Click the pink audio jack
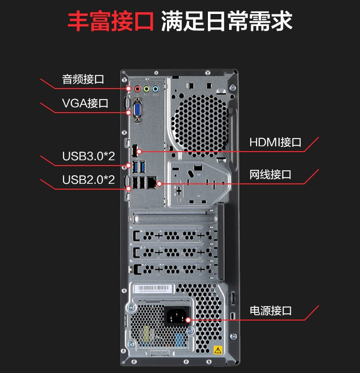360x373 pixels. click(138, 89)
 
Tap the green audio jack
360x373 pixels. click(146, 89)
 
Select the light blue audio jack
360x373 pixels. click(155, 89)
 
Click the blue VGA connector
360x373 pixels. click(138, 110)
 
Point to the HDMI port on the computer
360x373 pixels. click(135, 151)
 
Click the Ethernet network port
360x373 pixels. click(152, 183)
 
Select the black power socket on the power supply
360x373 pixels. click(177, 316)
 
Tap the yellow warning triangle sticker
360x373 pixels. click(218, 350)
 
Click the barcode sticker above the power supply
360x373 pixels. click(154, 289)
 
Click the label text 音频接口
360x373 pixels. click(83, 79)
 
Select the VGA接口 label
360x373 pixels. click(85, 103)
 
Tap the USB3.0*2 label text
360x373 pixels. click(89, 156)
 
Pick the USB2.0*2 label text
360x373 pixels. click(89, 180)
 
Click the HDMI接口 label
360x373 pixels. click(275, 142)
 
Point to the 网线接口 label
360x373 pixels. click(270, 175)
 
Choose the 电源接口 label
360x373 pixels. click(270, 311)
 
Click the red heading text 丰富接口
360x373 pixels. click(111, 21)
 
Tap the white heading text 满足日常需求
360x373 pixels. click(227, 21)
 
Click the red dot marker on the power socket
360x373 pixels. click(188, 320)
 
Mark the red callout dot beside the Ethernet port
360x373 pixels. click(159, 184)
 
